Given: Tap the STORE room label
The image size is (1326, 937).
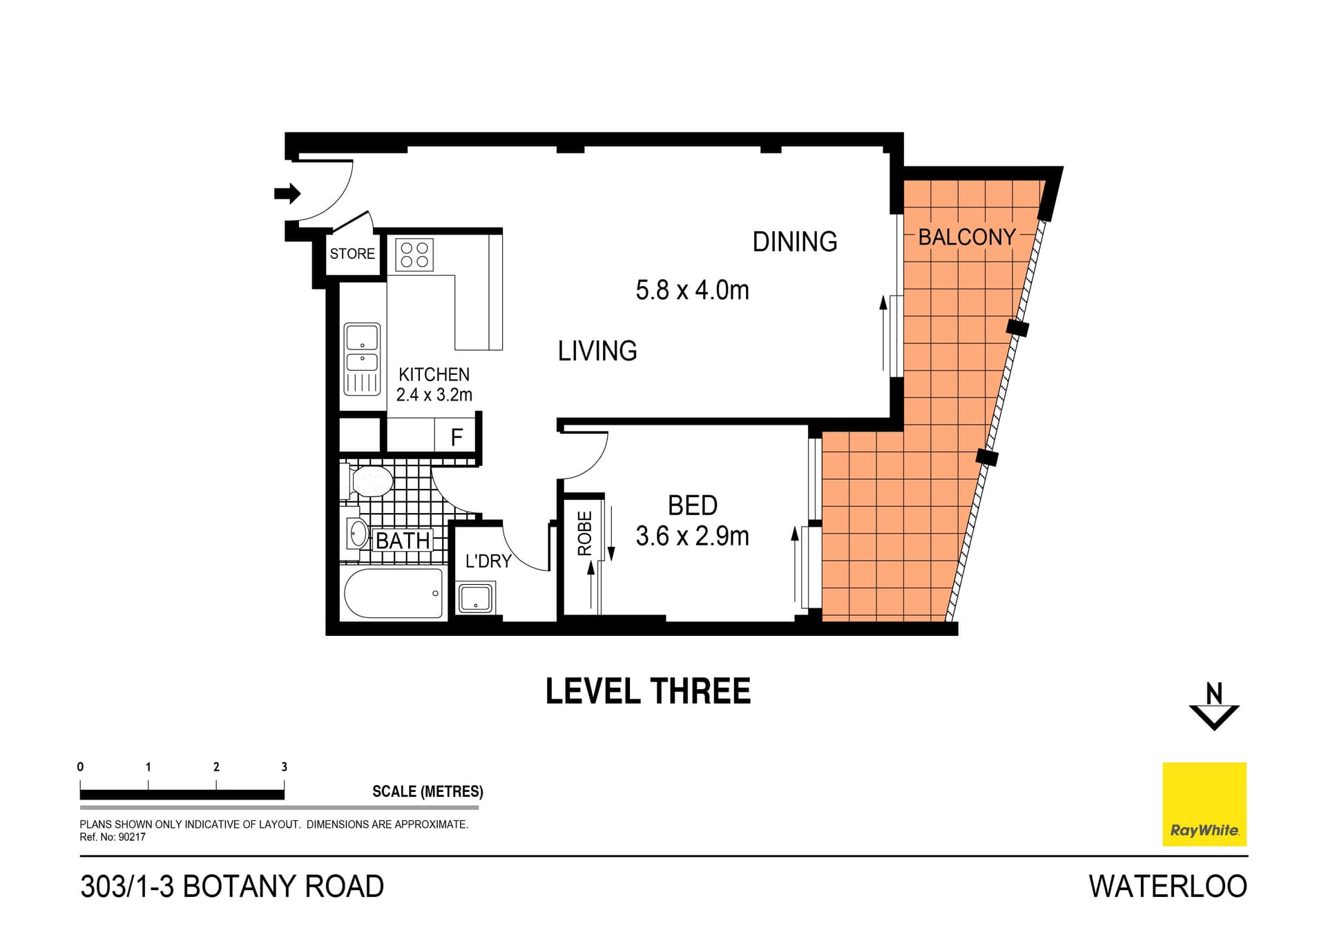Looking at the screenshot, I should point(352,254).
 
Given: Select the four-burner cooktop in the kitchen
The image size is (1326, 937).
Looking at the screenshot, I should point(414,255).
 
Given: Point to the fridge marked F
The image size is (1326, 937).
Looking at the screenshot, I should point(457,437).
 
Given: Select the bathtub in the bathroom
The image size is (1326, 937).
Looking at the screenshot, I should point(394,593).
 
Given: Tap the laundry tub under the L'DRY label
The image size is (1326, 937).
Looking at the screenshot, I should point(475,598).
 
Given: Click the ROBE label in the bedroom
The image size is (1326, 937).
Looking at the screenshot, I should point(585,533).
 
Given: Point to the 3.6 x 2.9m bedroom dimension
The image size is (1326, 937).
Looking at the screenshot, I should point(692,537).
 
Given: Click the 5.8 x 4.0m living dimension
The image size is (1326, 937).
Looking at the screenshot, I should point(692,291).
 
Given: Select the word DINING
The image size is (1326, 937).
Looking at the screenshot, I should point(794,242).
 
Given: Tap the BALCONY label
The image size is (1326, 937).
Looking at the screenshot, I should point(966,238).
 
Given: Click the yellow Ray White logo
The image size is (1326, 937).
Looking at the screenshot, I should point(1204,804).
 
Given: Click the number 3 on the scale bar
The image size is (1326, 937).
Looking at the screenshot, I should point(284,766).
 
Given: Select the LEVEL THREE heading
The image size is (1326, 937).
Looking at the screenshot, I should point(648,691).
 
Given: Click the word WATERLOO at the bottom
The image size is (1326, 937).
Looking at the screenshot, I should point(1167,887).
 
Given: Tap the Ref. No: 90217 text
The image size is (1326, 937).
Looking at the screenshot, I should point(113,837).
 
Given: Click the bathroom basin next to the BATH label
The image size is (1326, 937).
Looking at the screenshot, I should point(358,533).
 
